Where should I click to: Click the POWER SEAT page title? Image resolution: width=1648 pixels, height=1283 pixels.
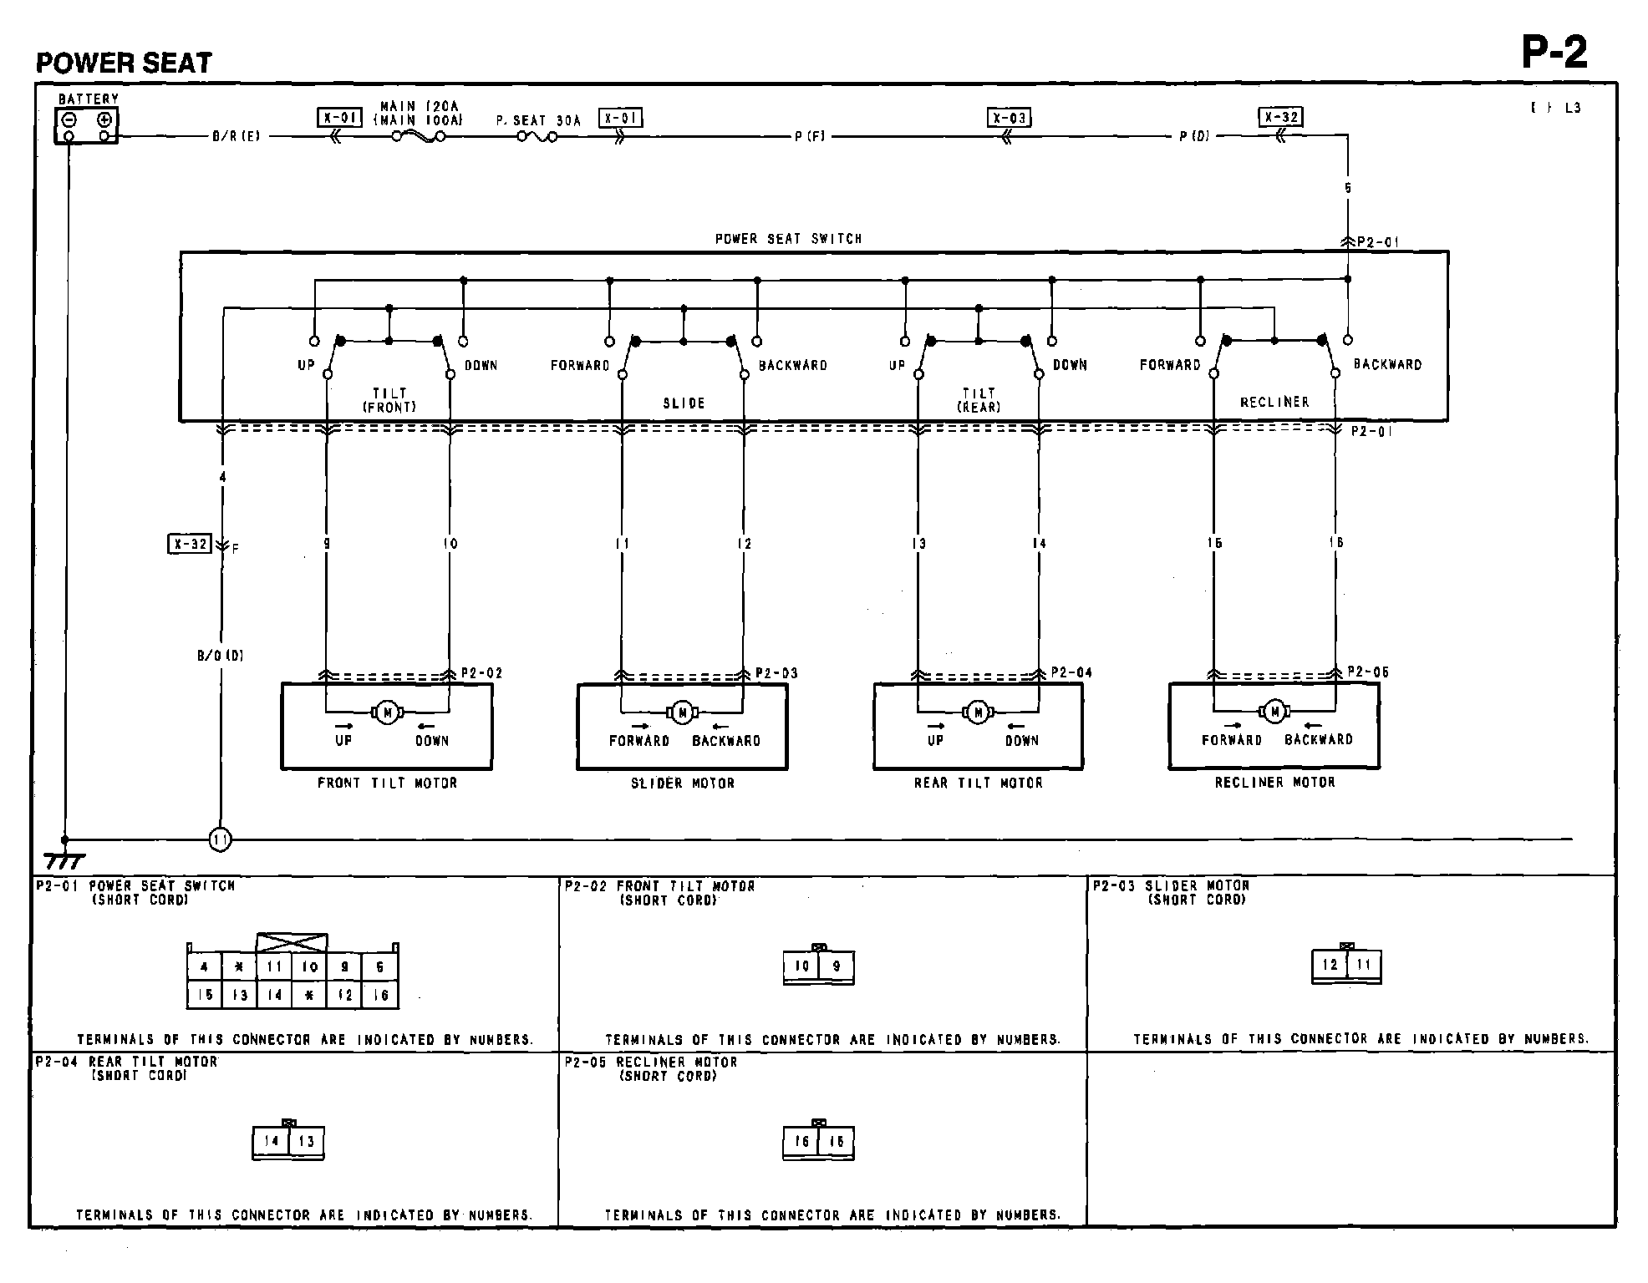pos(124,63)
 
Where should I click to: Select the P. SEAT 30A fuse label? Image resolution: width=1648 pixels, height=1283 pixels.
pos(538,120)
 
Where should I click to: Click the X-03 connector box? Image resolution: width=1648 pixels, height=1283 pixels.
pos(1009,118)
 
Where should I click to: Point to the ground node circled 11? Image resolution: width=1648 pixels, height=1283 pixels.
pos(220,839)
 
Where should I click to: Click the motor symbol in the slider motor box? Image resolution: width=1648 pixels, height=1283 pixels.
pos(682,712)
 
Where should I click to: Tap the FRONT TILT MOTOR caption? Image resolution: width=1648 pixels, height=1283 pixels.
pos(387,783)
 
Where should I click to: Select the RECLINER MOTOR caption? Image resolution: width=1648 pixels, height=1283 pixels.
pos(1274,783)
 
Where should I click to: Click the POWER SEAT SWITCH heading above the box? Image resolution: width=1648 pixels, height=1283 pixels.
pos(788,239)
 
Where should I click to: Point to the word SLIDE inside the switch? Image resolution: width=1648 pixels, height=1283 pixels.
pos(684,403)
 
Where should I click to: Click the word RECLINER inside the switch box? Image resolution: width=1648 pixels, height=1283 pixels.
pos(1274,403)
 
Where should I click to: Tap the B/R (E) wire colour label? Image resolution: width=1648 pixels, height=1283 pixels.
pos(236,136)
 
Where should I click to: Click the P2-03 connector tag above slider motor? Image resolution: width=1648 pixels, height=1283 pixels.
pos(776,673)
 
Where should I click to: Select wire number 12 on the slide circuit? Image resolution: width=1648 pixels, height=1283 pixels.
pos(744,544)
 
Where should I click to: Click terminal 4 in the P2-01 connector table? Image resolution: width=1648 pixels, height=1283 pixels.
pos(205,967)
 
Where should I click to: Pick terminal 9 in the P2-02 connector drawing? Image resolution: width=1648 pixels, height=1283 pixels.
pos(837,966)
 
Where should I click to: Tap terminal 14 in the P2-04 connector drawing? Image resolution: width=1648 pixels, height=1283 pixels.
pos(271,1141)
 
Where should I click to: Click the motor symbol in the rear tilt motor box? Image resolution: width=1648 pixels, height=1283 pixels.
pos(978,712)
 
